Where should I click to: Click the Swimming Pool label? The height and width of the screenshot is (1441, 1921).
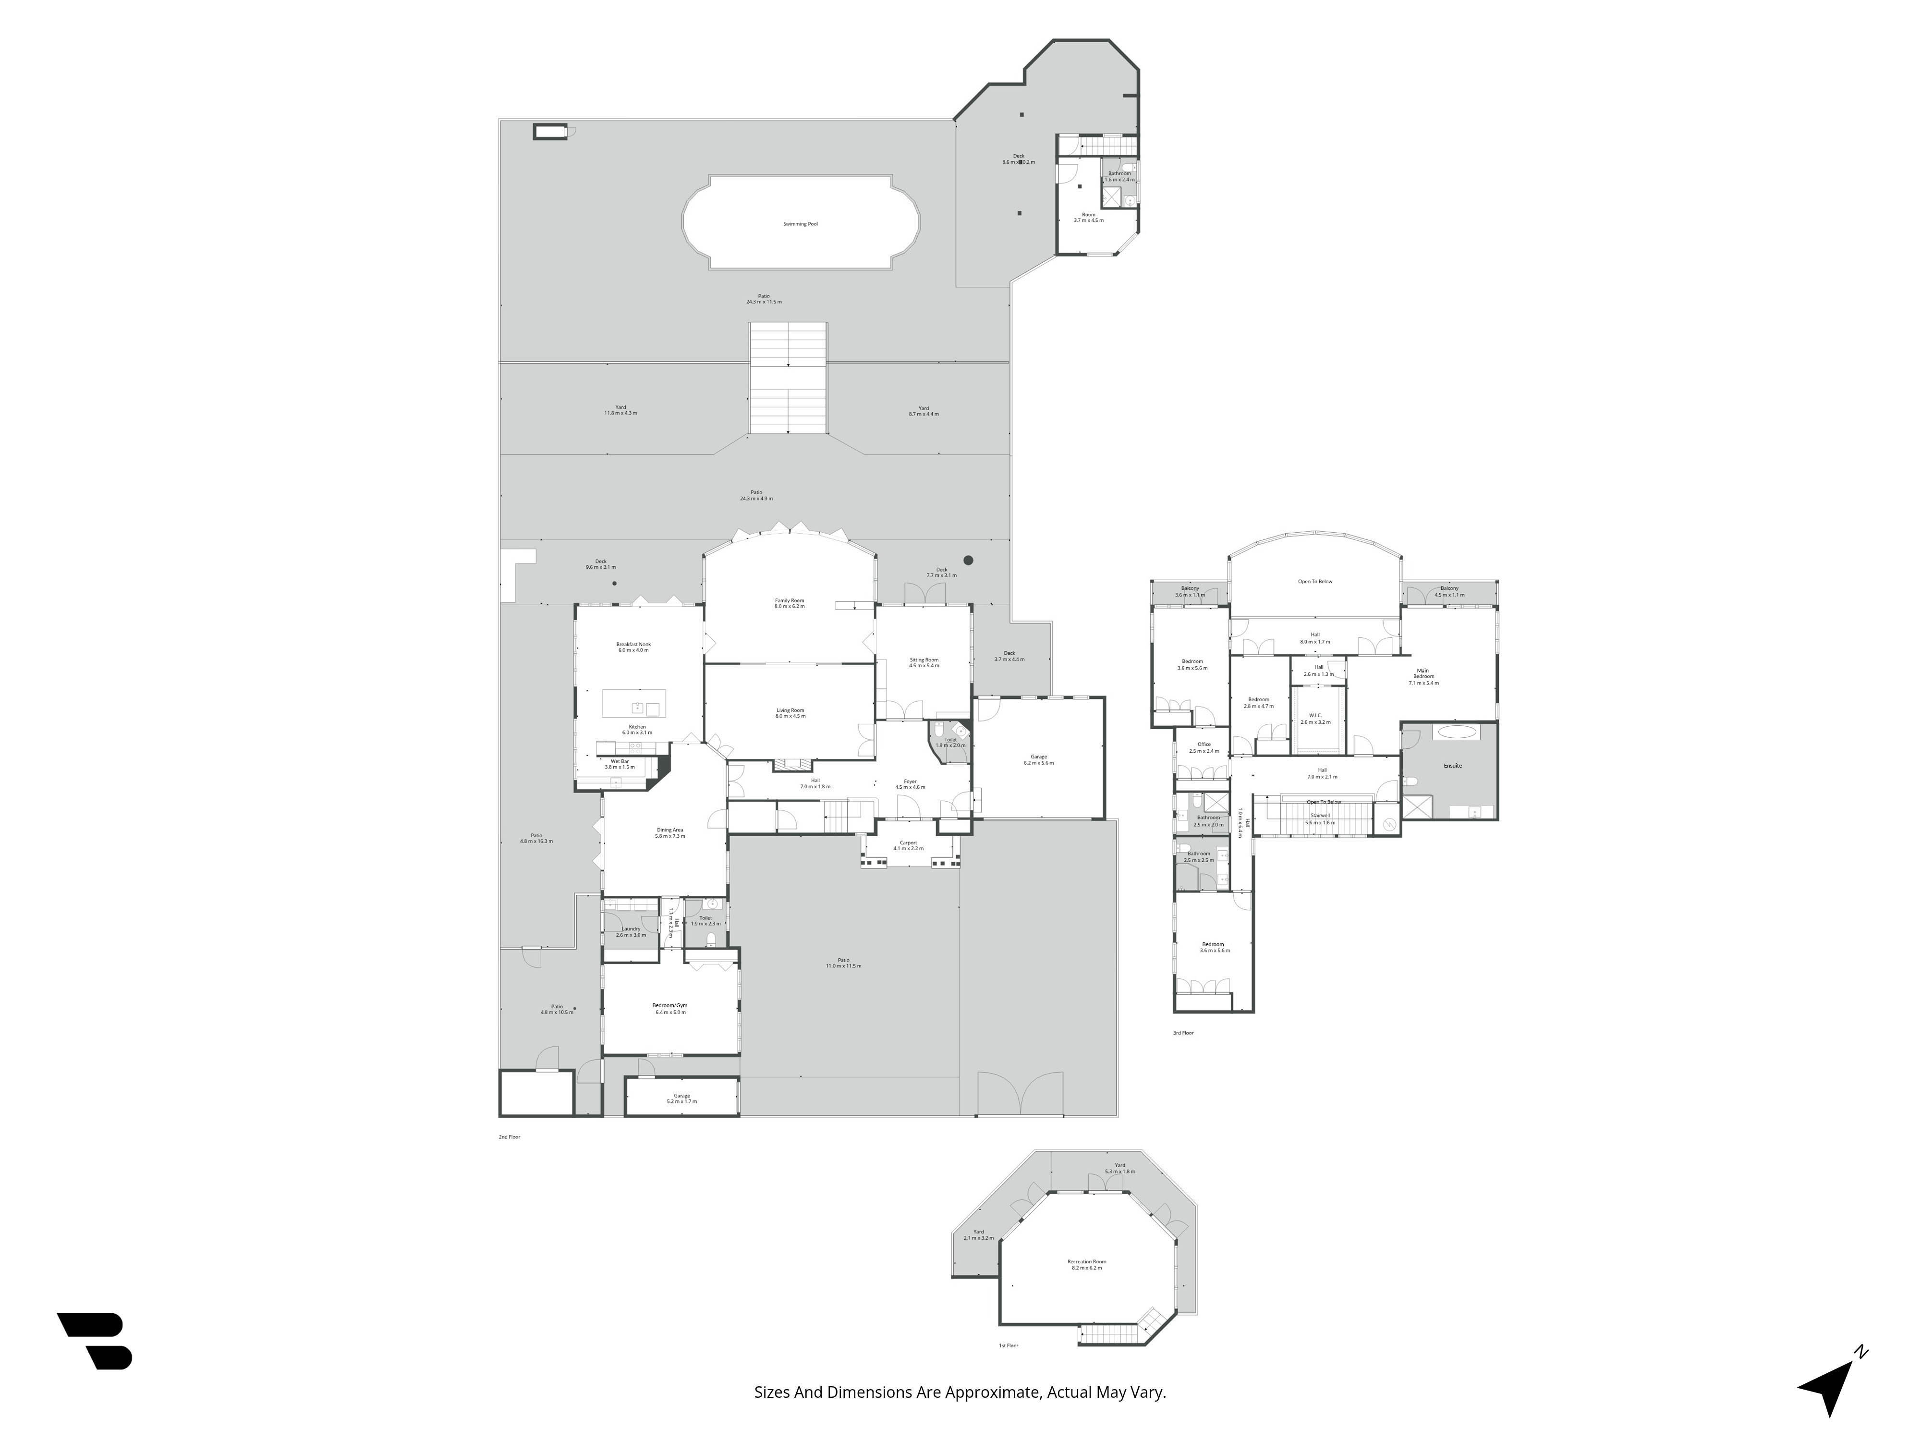click(x=800, y=224)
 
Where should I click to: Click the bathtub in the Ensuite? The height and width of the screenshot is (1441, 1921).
click(x=1457, y=732)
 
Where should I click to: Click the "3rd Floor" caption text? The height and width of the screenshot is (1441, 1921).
click(x=1183, y=1033)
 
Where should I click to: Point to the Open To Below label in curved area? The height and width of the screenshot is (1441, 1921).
click(x=1315, y=581)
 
